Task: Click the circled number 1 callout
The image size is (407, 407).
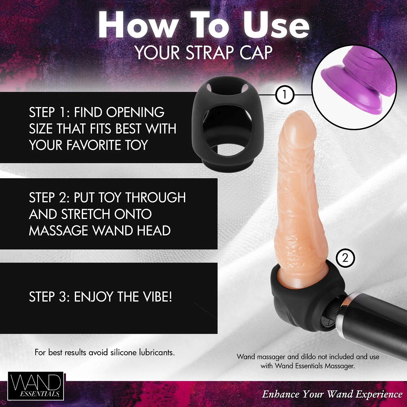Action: point(284,96)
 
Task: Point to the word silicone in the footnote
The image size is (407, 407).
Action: point(124,352)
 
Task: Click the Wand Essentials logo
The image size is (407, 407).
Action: point(36,386)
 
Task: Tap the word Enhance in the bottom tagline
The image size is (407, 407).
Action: point(281,394)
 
